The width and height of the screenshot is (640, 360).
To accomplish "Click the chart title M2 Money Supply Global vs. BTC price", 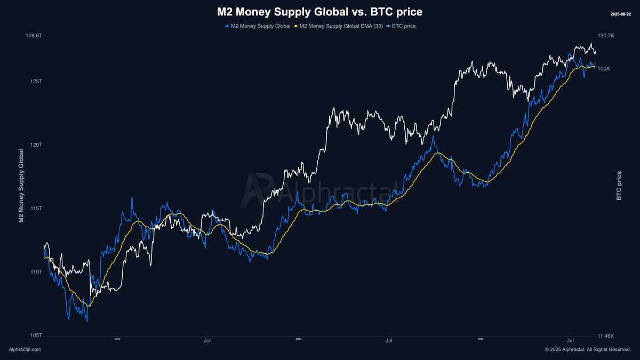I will (319, 11).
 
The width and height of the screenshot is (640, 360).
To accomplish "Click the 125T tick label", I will (35, 82).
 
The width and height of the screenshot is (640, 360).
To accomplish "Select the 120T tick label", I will (35, 145).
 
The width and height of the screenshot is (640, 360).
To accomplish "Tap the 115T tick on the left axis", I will (35, 209).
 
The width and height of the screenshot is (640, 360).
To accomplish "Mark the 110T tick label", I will (35, 272).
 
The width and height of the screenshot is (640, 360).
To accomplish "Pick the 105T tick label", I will (35, 335).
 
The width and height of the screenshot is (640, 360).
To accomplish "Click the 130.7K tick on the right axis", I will (606, 35).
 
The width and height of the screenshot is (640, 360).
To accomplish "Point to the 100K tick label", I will (604, 69).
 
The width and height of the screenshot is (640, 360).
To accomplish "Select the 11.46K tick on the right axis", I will (606, 336).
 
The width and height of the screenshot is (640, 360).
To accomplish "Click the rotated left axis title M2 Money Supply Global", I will (21, 186).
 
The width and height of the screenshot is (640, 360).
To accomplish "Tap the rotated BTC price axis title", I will (619, 186).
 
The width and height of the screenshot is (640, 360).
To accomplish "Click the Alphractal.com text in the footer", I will (25, 349).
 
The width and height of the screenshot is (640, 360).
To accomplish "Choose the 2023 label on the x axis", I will (117, 339).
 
